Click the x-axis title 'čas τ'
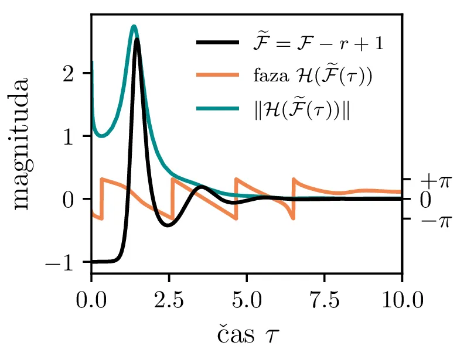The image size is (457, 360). point(246,335)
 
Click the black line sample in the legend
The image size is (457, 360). point(217,43)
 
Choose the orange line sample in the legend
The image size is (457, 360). point(217,75)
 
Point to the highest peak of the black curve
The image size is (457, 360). point(137,39)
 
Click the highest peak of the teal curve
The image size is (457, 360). point(134,26)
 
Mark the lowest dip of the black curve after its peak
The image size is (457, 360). point(168,225)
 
